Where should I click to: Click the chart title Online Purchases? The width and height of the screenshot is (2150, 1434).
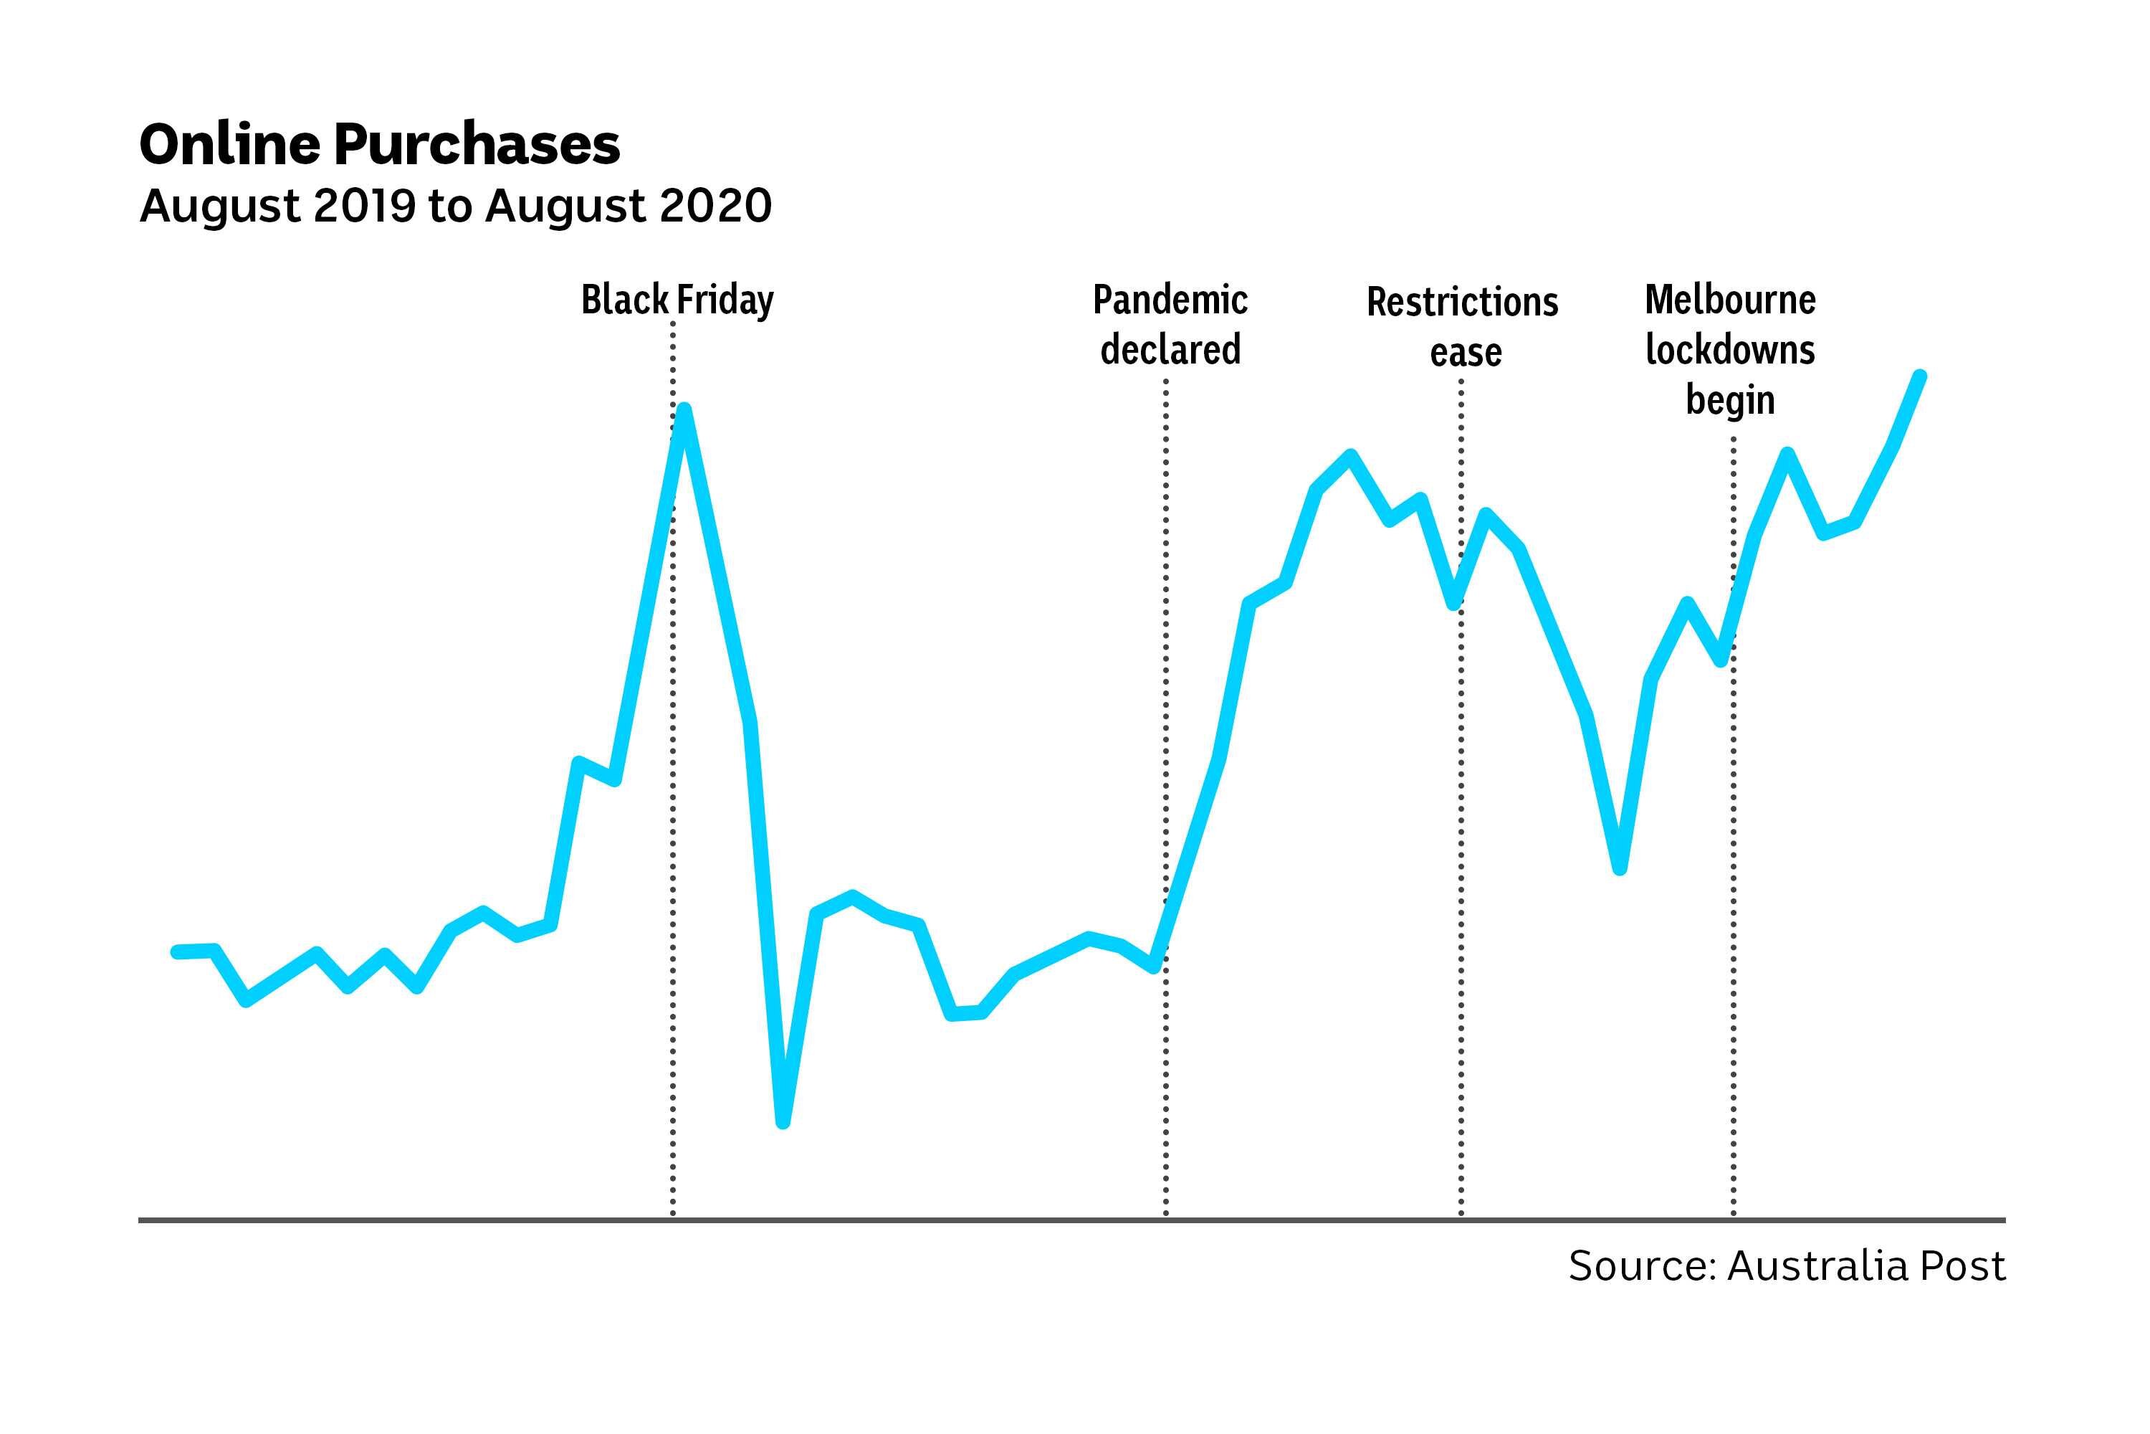tap(379, 145)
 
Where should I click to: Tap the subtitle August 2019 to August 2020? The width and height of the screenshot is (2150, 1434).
tap(455, 206)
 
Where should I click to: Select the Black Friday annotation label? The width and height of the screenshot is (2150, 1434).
tap(677, 300)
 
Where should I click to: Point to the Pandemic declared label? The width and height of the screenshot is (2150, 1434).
tap(1170, 325)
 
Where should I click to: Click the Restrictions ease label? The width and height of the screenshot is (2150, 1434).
tap(1462, 326)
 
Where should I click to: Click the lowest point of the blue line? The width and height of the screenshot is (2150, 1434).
tap(783, 1122)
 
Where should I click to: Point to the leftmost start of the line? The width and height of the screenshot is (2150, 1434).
tap(177, 952)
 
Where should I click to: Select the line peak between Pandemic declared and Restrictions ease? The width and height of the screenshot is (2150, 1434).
tap(1351, 455)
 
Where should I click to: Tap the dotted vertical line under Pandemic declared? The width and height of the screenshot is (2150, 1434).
tap(1165, 1098)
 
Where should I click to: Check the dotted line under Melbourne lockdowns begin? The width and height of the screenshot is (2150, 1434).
tap(1733, 1006)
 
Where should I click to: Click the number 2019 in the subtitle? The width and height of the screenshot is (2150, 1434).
tap(365, 206)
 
